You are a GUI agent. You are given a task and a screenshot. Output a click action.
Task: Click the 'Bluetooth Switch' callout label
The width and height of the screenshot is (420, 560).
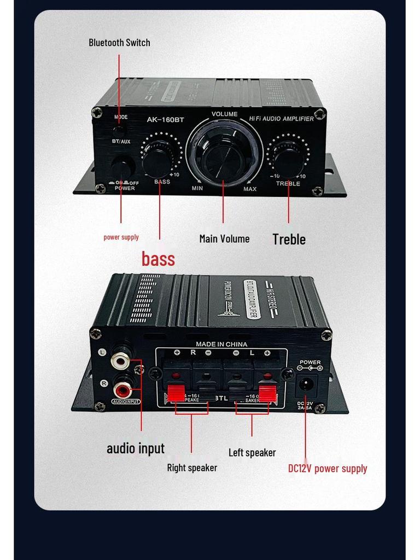click(x=119, y=43)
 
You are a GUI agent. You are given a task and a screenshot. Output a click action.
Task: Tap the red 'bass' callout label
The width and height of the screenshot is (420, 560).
click(x=159, y=258)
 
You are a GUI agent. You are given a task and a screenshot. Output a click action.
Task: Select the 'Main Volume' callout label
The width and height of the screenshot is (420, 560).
click(x=224, y=238)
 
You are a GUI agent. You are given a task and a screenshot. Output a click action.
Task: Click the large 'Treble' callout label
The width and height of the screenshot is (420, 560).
click(x=289, y=239)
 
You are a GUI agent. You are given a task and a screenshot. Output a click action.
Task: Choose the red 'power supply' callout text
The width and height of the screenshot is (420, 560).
click(x=121, y=237)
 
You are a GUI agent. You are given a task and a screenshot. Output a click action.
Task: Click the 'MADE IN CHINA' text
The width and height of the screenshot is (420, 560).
click(x=221, y=344)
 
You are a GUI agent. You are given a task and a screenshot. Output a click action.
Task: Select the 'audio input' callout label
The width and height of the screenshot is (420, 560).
click(x=135, y=448)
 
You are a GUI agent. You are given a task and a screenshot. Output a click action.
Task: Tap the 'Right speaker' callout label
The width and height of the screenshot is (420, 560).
click(x=192, y=468)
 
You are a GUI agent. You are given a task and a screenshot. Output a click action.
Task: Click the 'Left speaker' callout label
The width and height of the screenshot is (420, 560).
click(x=252, y=452)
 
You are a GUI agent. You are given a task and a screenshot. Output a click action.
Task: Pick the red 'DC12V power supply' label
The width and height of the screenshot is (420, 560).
click(x=328, y=468)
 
